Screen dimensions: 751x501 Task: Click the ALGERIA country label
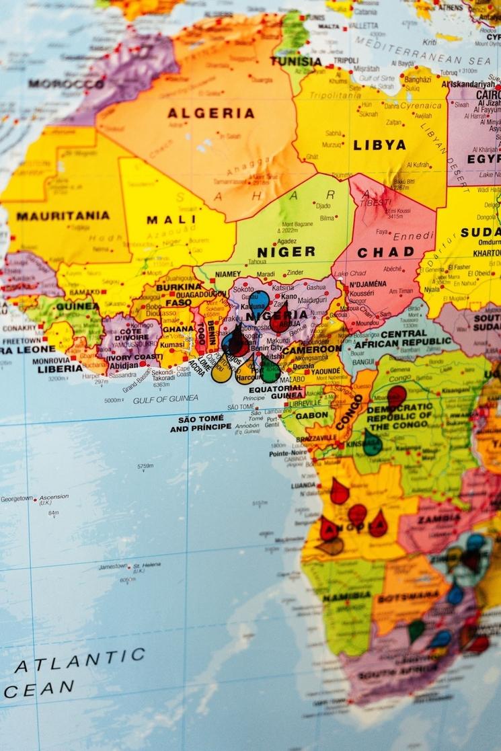click(x=210, y=114)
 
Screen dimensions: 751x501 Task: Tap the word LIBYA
click(x=379, y=145)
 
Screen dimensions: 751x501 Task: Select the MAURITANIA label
click(x=63, y=216)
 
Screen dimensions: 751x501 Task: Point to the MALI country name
click(x=163, y=219)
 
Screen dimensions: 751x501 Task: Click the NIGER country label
click(x=286, y=252)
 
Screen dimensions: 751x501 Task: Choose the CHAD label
click(x=385, y=253)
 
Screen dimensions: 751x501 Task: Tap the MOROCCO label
click(x=66, y=84)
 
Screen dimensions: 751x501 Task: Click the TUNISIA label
click(x=296, y=61)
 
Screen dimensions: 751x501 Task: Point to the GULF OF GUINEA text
click(x=165, y=399)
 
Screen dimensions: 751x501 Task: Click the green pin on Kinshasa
click(x=372, y=443)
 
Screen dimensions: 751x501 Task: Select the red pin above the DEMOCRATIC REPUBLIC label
click(x=397, y=395)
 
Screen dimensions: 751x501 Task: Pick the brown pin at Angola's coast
click(x=331, y=546)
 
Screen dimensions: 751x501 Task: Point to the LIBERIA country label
click(x=60, y=368)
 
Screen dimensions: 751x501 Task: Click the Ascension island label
click(x=53, y=498)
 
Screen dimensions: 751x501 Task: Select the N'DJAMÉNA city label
click(x=367, y=284)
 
